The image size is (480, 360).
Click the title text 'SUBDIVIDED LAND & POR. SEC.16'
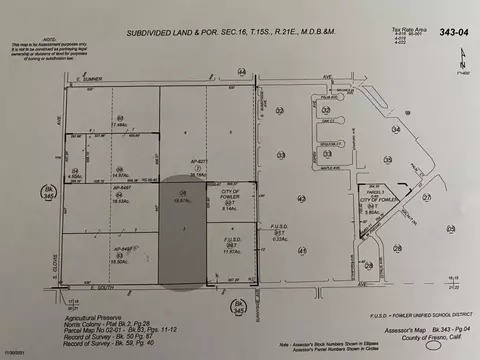(x=176, y=33)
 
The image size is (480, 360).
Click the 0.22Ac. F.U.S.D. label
(x=280, y=237)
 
